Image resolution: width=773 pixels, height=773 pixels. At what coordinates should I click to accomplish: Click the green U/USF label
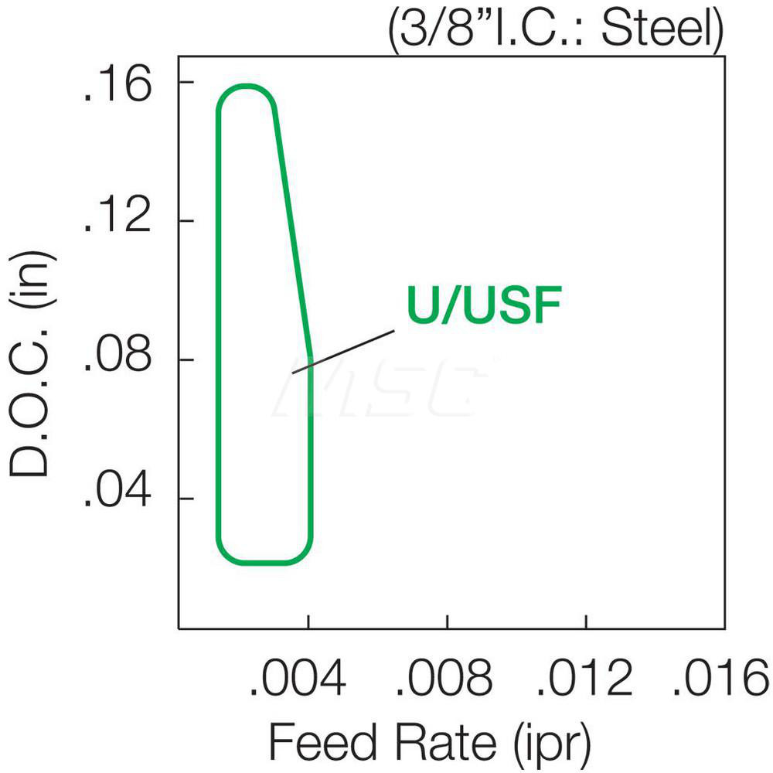pos(483,307)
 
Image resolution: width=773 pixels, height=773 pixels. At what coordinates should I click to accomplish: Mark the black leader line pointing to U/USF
pos(344,352)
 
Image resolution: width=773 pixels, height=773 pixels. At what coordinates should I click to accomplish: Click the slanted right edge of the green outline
pos(293,232)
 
